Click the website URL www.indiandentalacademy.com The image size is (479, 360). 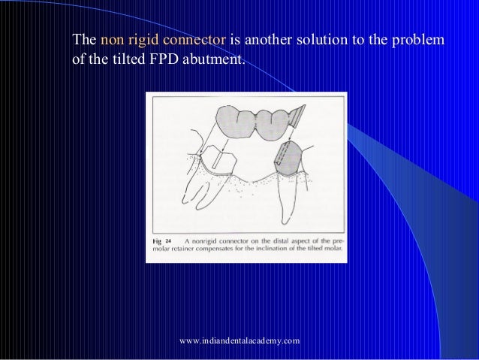pos(239,340)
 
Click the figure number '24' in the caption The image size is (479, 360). pos(170,240)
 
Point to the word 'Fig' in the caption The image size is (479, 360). pos(156,240)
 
